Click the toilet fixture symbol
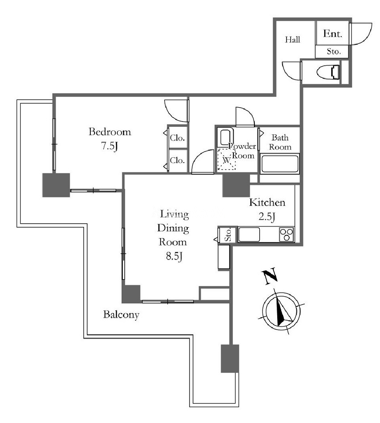coord(328,72)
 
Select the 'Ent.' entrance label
coord(333,34)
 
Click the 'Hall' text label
coord(292,40)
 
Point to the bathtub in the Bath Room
coord(280,164)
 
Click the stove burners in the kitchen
coord(287,235)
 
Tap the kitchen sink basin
coord(249,235)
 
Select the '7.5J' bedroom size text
coord(110,146)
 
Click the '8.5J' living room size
coord(174,256)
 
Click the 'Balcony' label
coord(121,314)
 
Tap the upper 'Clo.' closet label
coord(177,138)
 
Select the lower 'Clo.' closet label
coord(177,160)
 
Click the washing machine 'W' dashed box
coord(227,159)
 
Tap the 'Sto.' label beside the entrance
coord(334,51)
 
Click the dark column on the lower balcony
coord(230,358)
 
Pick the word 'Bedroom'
coord(110,132)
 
